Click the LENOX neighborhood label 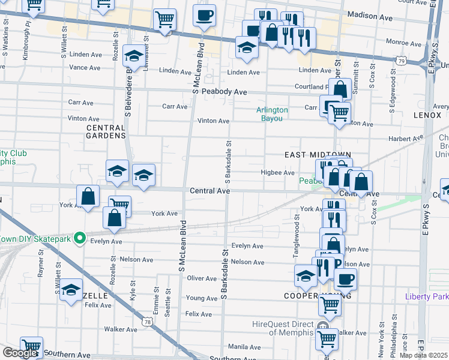coord(427,114)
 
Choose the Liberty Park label coord(427,296)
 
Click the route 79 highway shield coord(402,61)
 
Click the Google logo coord(20,352)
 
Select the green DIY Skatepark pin coord(78,238)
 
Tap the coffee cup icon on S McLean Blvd coord(204,15)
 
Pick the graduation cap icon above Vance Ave coord(133,57)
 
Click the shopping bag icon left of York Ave coord(88,196)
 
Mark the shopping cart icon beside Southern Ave coord(31,347)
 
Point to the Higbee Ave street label coord(277,173)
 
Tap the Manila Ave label coord(244,347)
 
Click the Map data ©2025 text coord(423,355)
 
